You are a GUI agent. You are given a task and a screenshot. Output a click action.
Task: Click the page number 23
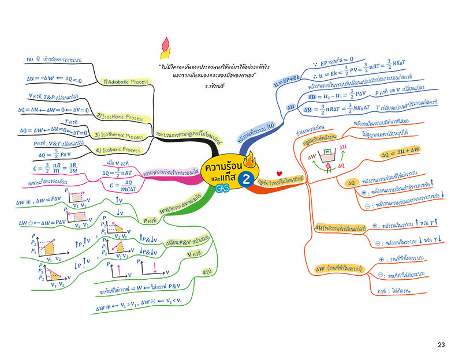441,345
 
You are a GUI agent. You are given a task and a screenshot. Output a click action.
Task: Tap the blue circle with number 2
247,179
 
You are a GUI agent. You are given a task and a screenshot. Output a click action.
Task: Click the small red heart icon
279,172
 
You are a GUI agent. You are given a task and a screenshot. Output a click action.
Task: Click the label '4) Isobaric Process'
118,150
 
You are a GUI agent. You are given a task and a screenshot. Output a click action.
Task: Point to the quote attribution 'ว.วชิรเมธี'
215,85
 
